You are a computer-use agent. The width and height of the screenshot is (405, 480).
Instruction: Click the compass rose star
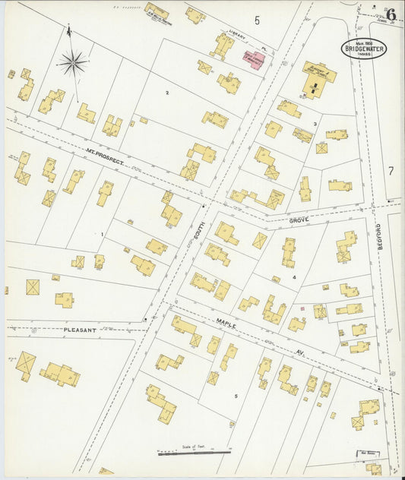[x=73, y=63]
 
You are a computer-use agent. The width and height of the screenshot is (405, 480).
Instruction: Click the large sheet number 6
[x=391, y=14]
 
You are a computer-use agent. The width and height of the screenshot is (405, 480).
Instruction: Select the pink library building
[x=253, y=57]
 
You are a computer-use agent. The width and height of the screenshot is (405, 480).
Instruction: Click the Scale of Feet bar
[x=194, y=453]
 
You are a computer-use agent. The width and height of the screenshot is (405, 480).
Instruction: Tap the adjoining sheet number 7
[x=391, y=171]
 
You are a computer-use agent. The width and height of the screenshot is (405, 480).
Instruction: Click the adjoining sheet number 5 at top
[x=257, y=21]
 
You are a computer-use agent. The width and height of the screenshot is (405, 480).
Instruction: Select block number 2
[x=166, y=93]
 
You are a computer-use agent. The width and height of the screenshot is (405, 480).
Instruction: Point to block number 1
[x=101, y=234]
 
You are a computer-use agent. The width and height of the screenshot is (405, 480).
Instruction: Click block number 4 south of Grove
[x=293, y=278]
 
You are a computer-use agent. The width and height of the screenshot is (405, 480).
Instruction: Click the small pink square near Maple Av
[x=302, y=308]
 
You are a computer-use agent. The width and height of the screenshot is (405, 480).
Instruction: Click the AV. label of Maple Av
[x=276, y=351]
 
